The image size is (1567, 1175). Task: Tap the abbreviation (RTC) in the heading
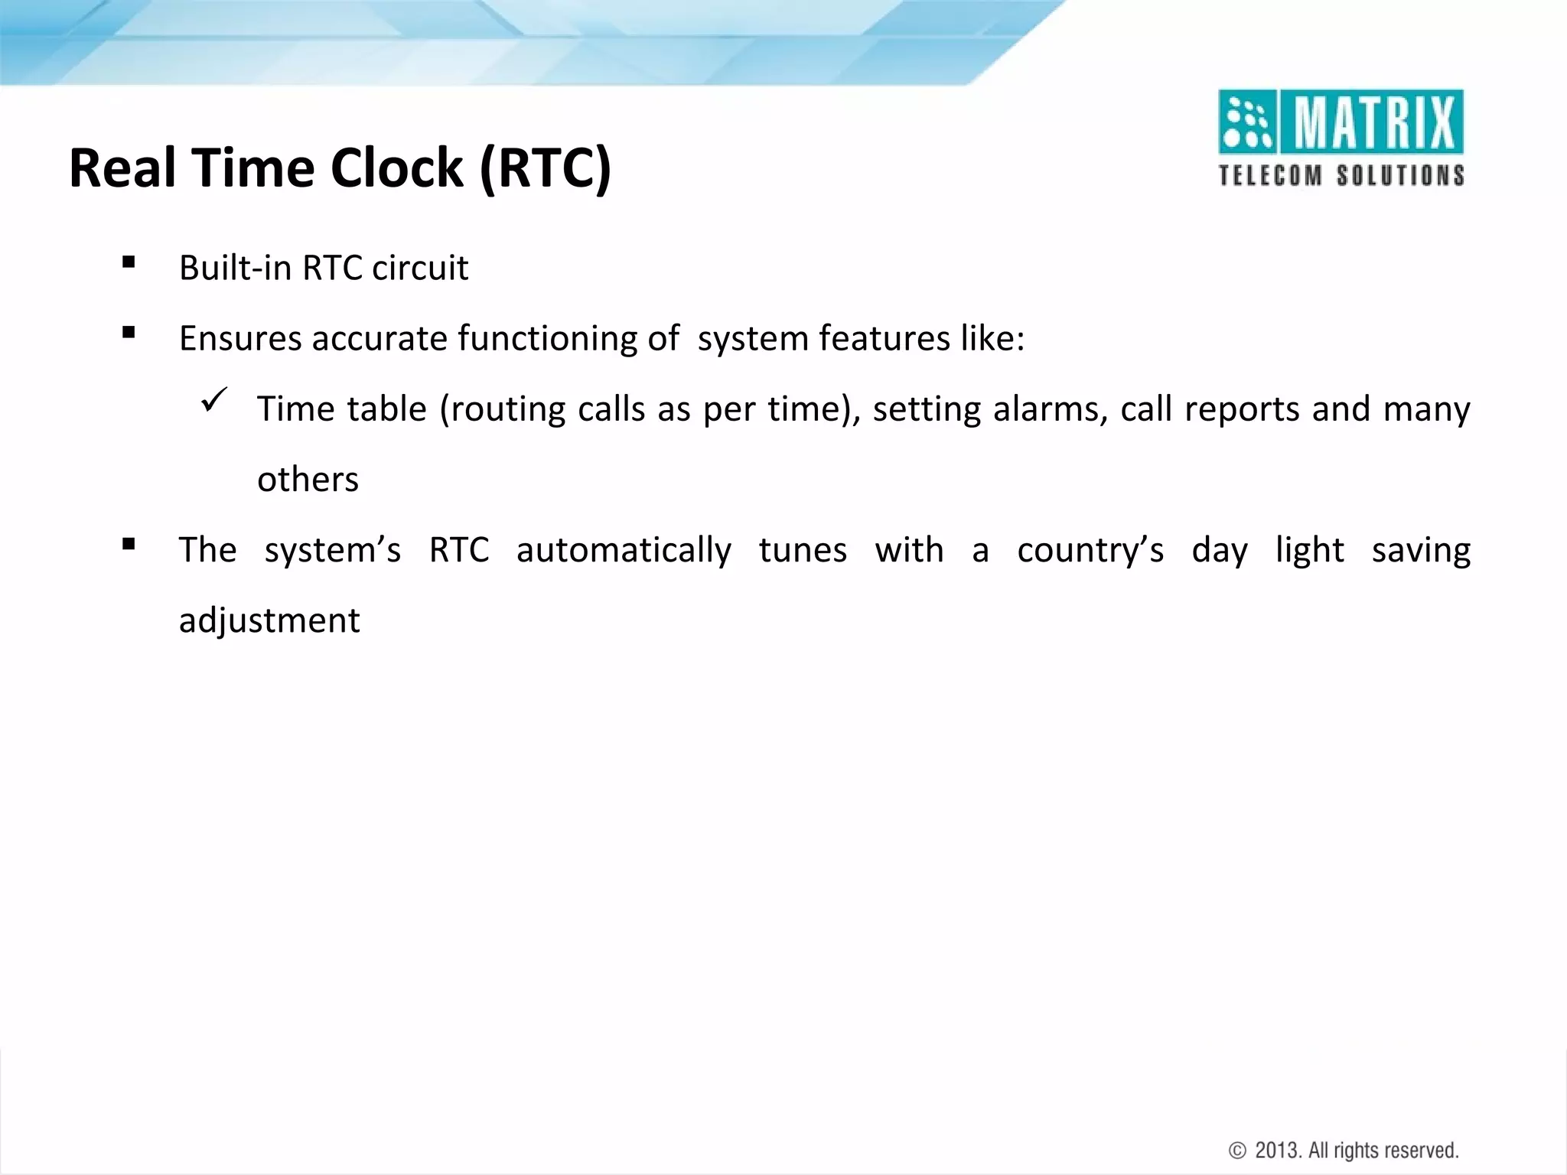tap(545, 168)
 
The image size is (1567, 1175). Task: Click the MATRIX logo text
tap(1375, 122)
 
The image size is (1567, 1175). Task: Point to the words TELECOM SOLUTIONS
tap(1341, 175)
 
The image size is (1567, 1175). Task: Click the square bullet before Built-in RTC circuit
tap(129, 263)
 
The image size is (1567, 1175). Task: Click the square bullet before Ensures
tap(129, 333)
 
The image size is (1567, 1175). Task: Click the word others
tap(308, 480)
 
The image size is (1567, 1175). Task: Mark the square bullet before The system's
tap(129, 545)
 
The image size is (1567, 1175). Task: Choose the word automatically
tap(623, 551)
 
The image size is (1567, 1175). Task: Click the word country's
tap(1090, 551)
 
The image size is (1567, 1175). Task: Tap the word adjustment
tap(269, 620)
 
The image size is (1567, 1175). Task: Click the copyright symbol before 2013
tap(1236, 1151)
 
